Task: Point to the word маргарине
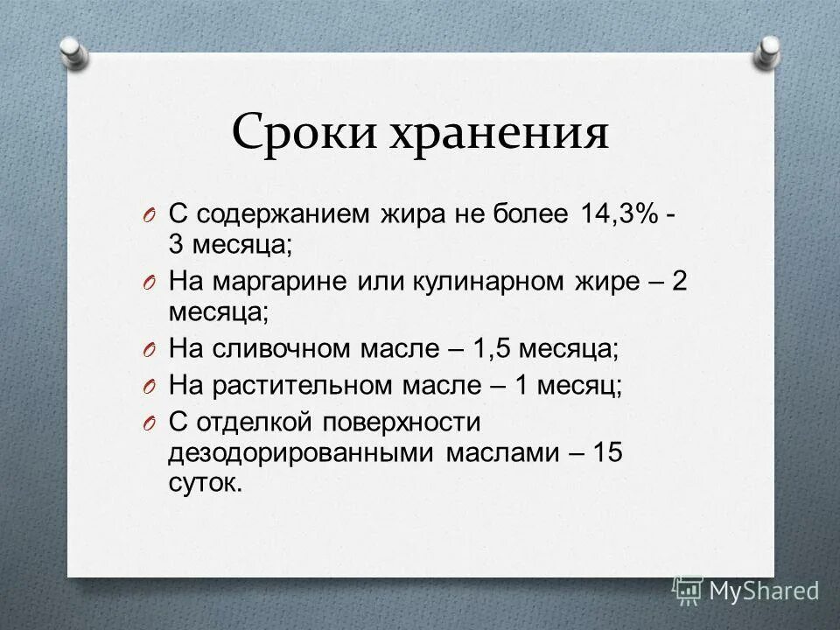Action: pyautogui.click(x=279, y=280)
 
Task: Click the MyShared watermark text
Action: pyautogui.click(x=763, y=591)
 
